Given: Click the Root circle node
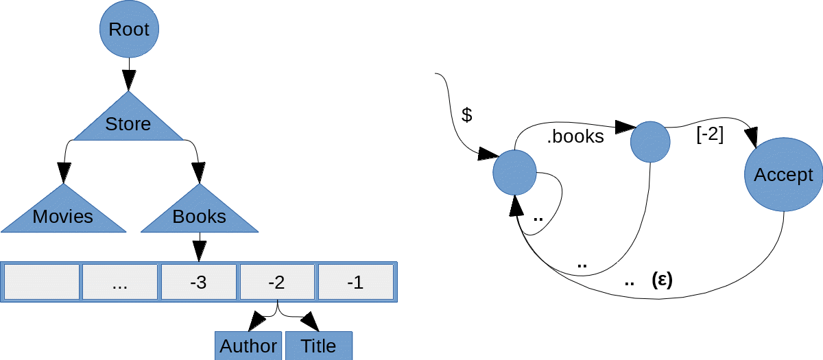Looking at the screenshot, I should point(129,29).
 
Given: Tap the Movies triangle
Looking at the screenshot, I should point(63,215).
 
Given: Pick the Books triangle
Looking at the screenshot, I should point(199,215).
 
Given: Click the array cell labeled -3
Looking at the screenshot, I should point(198,282).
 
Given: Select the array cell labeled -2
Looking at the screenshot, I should point(276,282).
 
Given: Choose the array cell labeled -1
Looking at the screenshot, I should point(355,282).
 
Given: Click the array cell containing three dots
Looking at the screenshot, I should point(120,282).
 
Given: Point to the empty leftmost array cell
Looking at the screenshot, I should point(42,282).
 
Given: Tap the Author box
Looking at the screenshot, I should point(248,346).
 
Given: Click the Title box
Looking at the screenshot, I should point(319,346).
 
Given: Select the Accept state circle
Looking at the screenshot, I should point(783,175).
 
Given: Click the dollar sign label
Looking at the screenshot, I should point(467,115).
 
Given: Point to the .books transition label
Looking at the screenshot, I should point(575,136).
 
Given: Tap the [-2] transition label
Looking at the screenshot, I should point(710,134).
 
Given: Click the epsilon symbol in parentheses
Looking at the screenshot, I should point(661,280).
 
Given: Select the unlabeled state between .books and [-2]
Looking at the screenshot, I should point(649,142).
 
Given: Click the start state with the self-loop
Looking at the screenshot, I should point(514,171).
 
